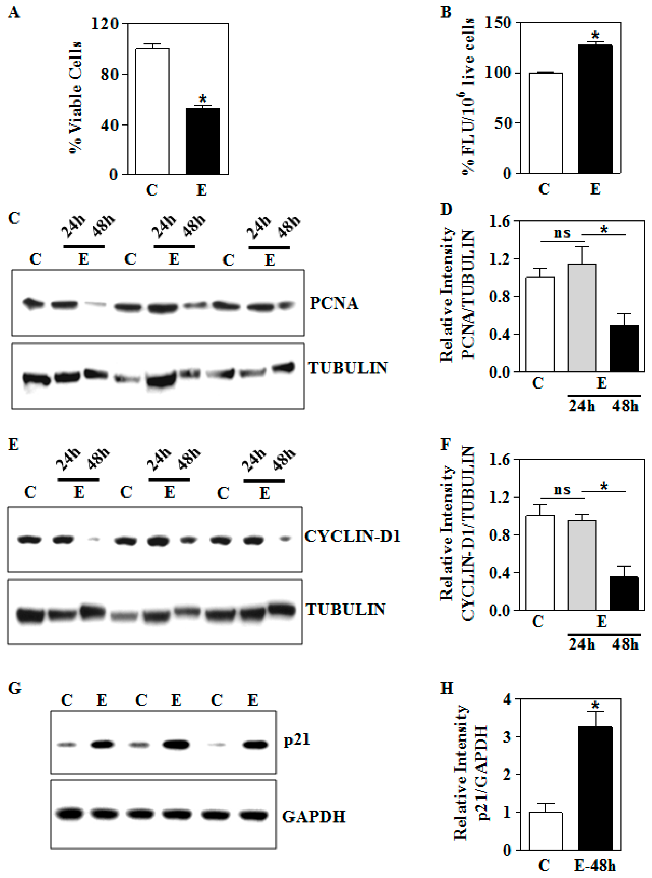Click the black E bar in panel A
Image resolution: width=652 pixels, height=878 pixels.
203,141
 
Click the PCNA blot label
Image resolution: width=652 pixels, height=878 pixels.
334,303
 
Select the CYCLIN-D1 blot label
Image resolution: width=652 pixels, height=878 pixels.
352,537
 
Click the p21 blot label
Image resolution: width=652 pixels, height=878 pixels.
297,739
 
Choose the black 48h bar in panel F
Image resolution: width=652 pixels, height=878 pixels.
624,593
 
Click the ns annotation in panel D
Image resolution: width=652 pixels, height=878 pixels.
562,233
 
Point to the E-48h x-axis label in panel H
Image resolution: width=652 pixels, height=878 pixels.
595,866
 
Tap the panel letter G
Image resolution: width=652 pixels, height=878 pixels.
15,688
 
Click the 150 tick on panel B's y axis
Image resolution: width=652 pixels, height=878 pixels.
497,23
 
